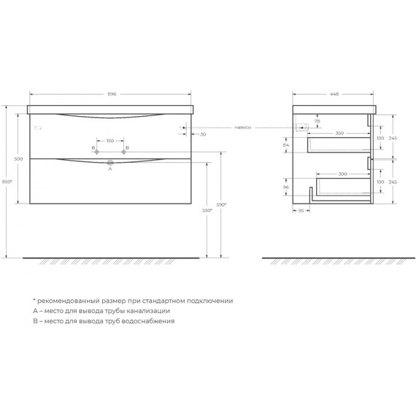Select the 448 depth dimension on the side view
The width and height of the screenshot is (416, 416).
click(334, 94)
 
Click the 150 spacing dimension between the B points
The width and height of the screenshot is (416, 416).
click(110, 140)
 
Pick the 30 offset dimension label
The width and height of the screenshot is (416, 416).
click(202, 134)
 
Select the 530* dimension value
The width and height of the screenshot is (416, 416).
click(207, 210)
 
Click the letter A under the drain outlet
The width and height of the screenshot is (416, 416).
click(109, 168)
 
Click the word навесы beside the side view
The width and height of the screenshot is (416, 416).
click(243, 128)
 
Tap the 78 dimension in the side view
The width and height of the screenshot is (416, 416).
click(316, 121)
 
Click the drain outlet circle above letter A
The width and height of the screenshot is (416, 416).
click(110, 162)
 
